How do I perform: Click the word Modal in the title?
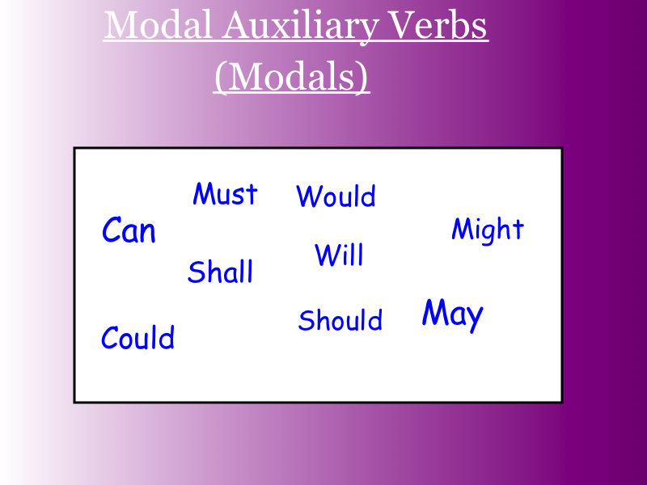click(158, 25)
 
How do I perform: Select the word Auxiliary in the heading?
click(300, 27)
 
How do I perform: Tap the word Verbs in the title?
click(438, 25)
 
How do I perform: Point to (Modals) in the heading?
click(291, 76)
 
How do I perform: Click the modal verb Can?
click(129, 230)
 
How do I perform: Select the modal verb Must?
click(226, 193)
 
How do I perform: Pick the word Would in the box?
click(336, 196)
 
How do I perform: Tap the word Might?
click(488, 230)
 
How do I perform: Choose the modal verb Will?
click(339, 255)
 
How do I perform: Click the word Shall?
click(220, 272)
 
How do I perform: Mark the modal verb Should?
click(340, 319)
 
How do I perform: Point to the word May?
click(453, 315)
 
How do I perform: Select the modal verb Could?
click(137, 337)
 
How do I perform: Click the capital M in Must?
click(203, 193)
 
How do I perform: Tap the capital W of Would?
click(310, 196)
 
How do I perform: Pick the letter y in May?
click(474, 319)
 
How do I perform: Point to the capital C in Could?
click(112, 337)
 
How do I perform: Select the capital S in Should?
click(307, 320)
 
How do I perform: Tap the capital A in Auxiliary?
click(237, 26)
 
